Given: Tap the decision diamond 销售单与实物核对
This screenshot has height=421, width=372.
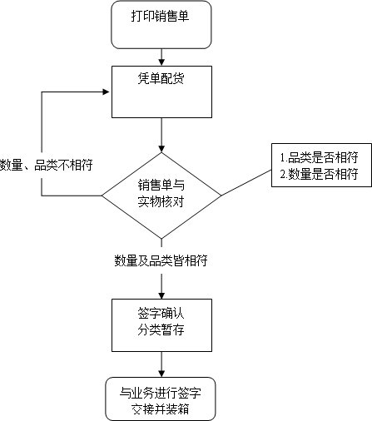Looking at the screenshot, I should pos(161,195).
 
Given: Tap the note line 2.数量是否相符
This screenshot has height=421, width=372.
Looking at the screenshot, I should pos(318,174).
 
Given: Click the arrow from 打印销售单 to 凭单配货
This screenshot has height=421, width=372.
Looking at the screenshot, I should pos(161,57).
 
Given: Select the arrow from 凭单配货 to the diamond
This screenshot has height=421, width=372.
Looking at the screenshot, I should pos(161,135).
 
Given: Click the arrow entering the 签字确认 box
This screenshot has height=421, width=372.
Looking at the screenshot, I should pos(161,283).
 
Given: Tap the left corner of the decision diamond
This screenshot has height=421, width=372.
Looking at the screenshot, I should pos(103,196).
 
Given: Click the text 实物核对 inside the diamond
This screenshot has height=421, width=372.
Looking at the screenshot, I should pos(161,202).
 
